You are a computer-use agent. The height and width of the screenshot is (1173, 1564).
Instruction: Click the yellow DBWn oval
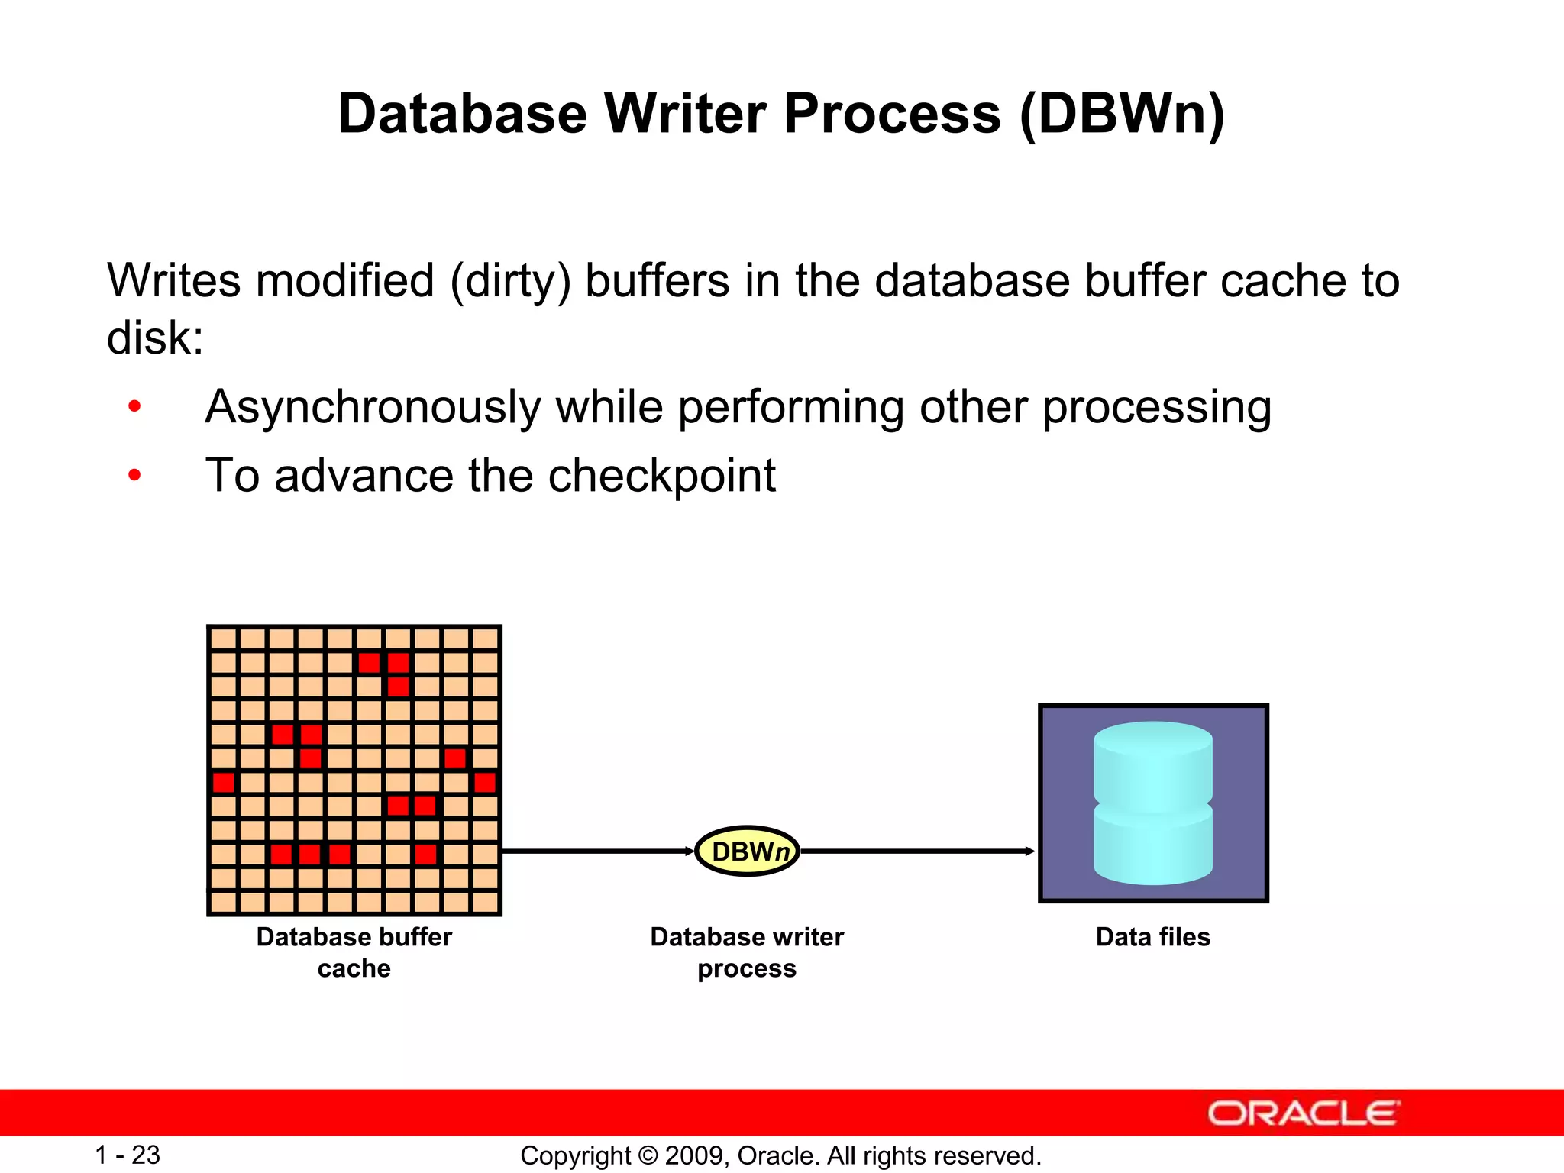(747, 851)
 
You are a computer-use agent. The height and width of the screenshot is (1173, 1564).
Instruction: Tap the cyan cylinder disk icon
(1152, 803)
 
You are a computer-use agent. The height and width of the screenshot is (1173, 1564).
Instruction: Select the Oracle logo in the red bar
(1303, 1113)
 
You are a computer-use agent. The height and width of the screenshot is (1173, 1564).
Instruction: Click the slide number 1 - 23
(127, 1155)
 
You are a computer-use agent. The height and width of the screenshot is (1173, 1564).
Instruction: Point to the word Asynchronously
(373, 407)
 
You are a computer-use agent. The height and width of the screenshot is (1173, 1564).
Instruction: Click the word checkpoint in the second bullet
(661, 476)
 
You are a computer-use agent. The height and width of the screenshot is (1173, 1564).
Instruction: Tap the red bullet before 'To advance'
(134, 476)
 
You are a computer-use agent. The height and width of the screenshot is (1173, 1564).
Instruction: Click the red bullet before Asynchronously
(134, 406)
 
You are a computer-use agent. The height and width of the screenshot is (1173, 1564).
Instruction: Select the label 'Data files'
(1152, 937)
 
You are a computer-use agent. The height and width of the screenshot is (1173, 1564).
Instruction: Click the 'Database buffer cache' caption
(354, 952)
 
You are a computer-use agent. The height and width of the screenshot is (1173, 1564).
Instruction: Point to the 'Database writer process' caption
(746, 952)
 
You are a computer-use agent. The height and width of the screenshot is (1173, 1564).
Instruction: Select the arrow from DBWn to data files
(916, 851)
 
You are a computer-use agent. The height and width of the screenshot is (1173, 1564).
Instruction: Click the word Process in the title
(891, 114)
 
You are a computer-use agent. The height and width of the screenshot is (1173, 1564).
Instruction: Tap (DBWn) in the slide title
(1122, 114)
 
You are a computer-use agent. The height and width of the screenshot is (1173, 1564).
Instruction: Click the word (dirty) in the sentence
(510, 280)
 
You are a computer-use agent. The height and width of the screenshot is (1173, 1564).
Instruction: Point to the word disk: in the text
(155, 338)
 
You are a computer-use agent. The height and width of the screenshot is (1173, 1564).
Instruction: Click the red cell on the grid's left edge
(223, 782)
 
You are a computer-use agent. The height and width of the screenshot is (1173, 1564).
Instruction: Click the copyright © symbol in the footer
(648, 1155)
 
